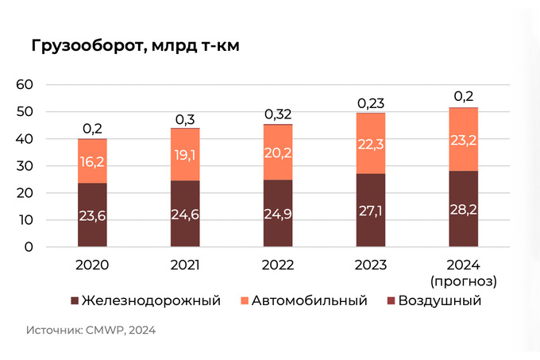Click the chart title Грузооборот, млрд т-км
coord(135,45)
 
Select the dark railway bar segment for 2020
coord(92,215)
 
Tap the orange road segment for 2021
coord(185,154)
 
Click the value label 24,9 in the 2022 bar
coord(278,215)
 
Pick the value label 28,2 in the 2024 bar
coord(463,213)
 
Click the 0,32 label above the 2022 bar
coord(278,114)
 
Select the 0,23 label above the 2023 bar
coord(371,103)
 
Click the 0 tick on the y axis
coord(29,246)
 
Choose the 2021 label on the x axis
coord(185,266)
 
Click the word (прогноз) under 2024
coord(463,281)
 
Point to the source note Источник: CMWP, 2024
coord(91,330)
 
